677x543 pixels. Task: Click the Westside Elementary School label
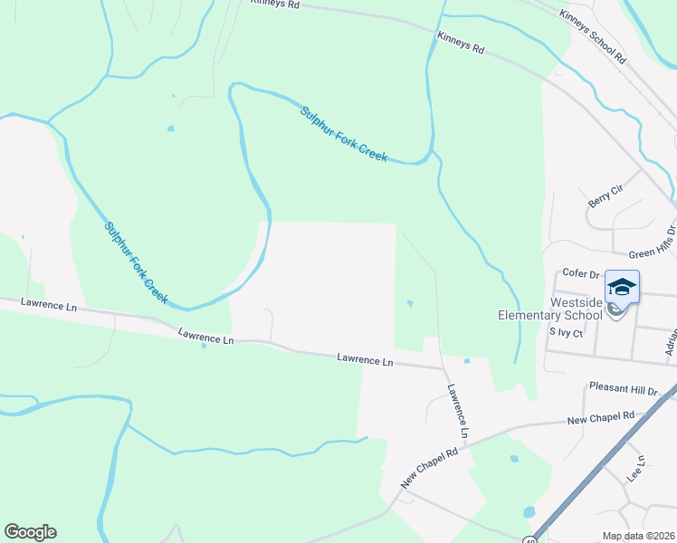click(x=550, y=309)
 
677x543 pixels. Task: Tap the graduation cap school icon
click(x=622, y=288)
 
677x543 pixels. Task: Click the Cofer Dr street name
click(x=581, y=272)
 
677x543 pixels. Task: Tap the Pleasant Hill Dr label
click(x=623, y=388)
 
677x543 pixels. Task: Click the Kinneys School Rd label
click(x=593, y=36)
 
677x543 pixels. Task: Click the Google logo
click(x=30, y=532)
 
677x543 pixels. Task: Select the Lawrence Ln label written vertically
click(x=458, y=412)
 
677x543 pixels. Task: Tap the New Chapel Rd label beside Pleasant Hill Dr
click(x=600, y=417)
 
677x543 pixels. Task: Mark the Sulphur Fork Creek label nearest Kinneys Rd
click(x=344, y=134)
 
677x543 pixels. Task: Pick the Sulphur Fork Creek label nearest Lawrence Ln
click(x=136, y=262)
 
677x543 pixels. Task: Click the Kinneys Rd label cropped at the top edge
click(x=275, y=4)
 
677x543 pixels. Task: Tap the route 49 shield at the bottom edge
click(x=529, y=539)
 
